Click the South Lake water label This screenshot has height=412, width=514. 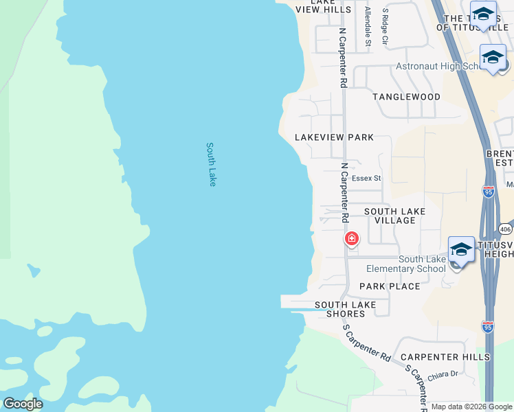[212, 164]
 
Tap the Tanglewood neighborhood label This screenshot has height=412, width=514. [406, 97]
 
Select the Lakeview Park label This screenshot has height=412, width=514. [335, 137]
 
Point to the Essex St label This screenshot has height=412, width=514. [366, 179]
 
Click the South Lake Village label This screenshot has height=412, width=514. [395, 216]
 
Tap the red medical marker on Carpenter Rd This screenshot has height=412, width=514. [351, 240]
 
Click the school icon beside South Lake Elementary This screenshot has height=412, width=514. [460, 250]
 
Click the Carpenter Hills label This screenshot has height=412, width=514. [445, 357]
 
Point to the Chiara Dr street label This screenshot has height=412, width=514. [443, 374]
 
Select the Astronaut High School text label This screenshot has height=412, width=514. [440, 67]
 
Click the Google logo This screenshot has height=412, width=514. [23, 404]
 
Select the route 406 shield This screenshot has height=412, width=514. [505, 229]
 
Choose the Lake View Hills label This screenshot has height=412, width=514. [323, 6]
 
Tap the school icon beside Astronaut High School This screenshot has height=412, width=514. [493, 58]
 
